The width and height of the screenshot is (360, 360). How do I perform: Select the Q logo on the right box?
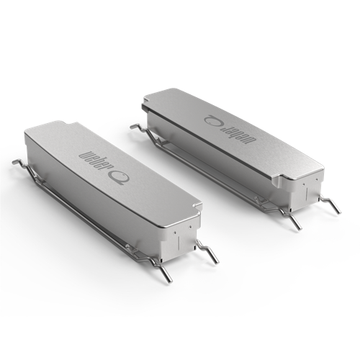click(214, 117)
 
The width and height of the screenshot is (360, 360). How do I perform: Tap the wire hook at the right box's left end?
click(137, 127)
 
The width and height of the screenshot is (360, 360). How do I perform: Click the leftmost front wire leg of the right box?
click(296, 222)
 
